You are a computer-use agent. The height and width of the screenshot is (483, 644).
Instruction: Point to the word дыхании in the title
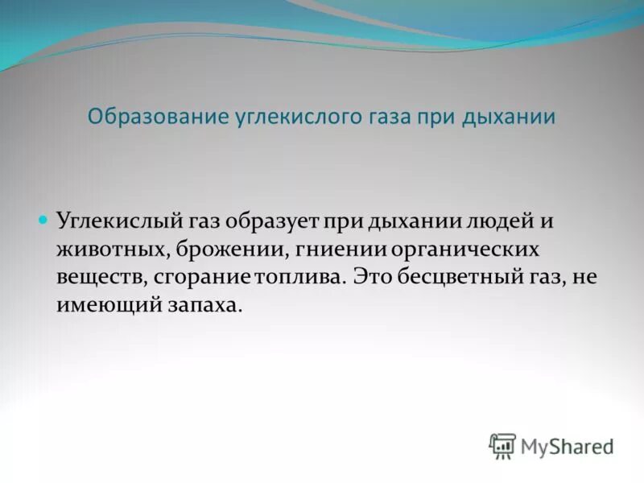coord(509,117)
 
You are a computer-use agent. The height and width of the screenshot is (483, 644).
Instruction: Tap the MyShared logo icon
coord(503,445)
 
